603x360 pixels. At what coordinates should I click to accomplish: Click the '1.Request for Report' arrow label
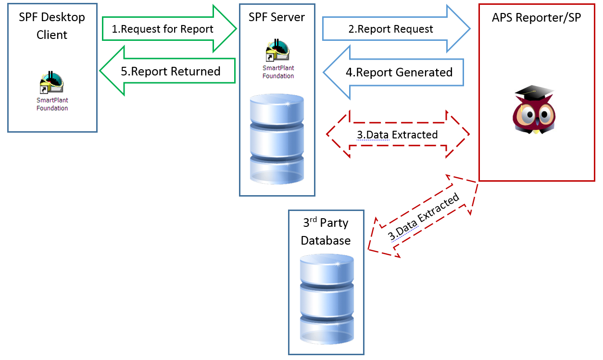(x=163, y=29)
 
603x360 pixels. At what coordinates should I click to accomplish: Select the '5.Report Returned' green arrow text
(x=170, y=72)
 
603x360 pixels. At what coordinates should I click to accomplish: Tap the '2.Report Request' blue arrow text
(x=390, y=29)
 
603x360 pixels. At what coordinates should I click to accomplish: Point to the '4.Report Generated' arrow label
(x=399, y=73)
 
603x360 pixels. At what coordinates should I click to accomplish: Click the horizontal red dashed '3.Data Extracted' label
(x=397, y=135)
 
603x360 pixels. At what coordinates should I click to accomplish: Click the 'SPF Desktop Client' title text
(x=52, y=26)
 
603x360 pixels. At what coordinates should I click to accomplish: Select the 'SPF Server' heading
(x=276, y=17)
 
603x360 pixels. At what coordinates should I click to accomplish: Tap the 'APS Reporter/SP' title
(x=536, y=18)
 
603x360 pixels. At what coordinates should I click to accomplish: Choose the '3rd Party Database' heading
(x=326, y=232)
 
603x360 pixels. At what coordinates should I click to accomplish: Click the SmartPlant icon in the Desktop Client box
(x=51, y=83)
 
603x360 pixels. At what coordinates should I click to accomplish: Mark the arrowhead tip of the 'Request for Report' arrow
(x=237, y=29)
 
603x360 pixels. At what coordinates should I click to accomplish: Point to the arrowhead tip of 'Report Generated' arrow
(x=324, y=73)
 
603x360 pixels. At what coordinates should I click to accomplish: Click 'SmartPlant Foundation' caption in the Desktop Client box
(x=52, y=104)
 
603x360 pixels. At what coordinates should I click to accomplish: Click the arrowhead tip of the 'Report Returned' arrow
(x=100, y=72)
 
